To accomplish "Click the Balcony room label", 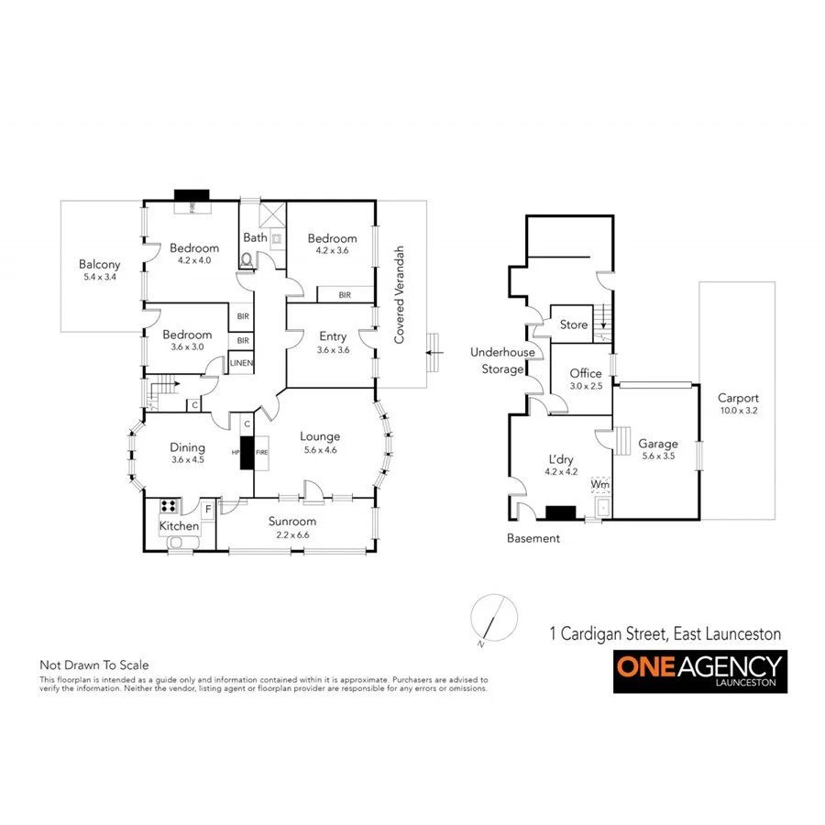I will pyautogui.click(x=99, y=265).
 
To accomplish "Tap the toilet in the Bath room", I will pyautogui.click(x=245, y=260).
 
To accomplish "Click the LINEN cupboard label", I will pyautogui.click(x=241, y=364).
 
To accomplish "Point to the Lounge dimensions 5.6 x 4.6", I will pyautogui.click(x=319, y=450).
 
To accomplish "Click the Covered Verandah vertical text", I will pyautogui.click(x=400, y=295).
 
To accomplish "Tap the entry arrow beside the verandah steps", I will pyautogui.click(x=436, y=351).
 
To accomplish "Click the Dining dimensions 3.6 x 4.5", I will pyautogui.click(x=187, y=460).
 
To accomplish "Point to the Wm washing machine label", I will pyautogui.click(x=599, y=483).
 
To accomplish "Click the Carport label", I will pyautogui.click(x=738, y=398).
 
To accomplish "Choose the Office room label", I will pyautogui.click(x=585, y=373).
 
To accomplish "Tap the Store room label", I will pyautogui.click(x=573, y=324).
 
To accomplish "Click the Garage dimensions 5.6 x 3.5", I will pyautogui.click(x=658, y=456).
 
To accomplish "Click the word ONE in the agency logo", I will pyautogui.click(x=643, y=665).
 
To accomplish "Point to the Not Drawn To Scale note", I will pyautogui.click(x=93, y=665).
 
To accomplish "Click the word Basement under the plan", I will pyautogui.click(x=533, y=538).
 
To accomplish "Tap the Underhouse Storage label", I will pyautogui.click(x=497, y=360).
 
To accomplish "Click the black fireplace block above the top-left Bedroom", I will pyautogui.click(x=192, y=194).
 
